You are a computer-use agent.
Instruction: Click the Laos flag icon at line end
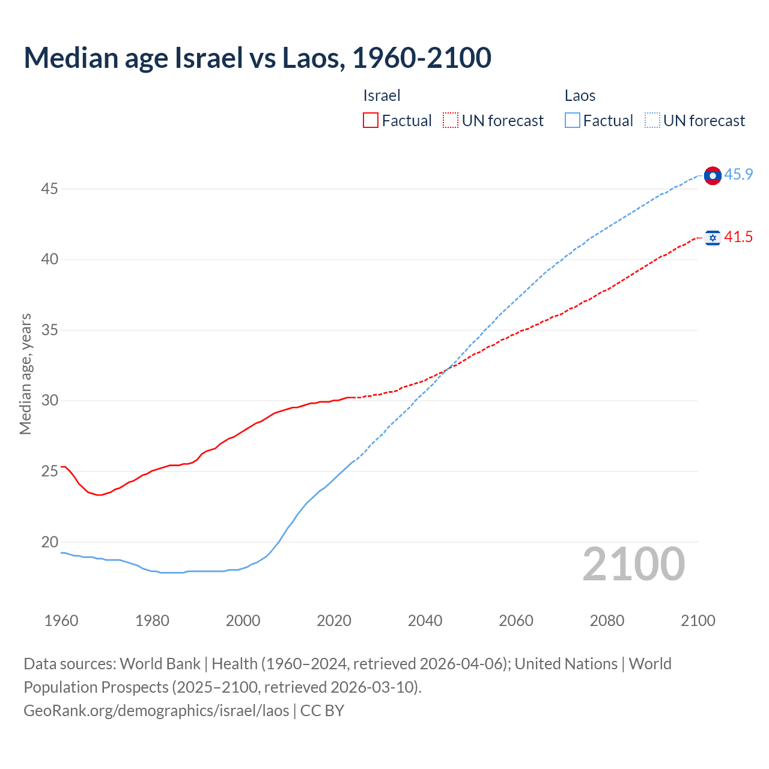tap(713, 175)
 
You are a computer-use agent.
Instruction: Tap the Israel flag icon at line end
tap(713, 238)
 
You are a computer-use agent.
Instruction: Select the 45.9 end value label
tap(738, 175)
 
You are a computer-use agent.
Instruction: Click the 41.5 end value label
tap(738, 237)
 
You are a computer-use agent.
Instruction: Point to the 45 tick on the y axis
tap(49, 189)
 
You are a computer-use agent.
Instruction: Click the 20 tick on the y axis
tap(49, 542)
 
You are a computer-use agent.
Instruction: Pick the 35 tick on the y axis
tap(49, 330)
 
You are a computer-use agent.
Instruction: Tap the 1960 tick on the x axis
tap(61, 621)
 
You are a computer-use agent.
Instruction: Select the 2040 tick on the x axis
tap(425, 621)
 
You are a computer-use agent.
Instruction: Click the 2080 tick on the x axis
tap(607, 621)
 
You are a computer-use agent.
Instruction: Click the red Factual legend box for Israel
tap(371, 121)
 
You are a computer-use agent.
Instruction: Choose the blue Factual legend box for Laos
tap(572, 121)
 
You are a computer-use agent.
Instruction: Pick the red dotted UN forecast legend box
tap(451, 121)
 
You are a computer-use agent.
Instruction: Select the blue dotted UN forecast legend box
tap(652, 121)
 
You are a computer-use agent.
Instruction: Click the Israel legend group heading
tap(381, 96)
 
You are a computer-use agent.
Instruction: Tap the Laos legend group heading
tap(580, 96)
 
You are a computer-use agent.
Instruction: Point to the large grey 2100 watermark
tap(633, 564)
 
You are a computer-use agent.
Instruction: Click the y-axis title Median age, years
tap(25, 374)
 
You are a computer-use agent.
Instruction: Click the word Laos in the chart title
tap(312, 58)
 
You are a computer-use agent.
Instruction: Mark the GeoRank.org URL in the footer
tap(156, 711)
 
